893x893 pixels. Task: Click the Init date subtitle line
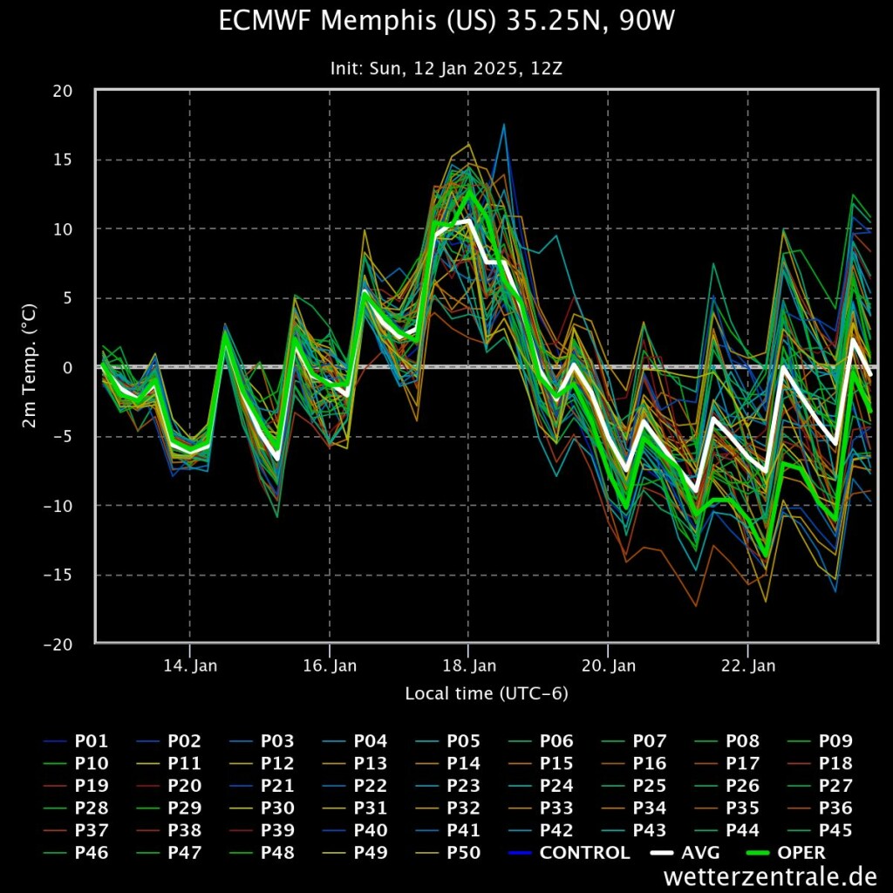[446, 68]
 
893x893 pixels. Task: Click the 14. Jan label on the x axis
[190, 666]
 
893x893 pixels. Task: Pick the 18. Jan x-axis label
[469, 666]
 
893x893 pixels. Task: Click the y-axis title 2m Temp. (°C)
[30, 366]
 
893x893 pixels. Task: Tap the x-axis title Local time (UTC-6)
[487, 694]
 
